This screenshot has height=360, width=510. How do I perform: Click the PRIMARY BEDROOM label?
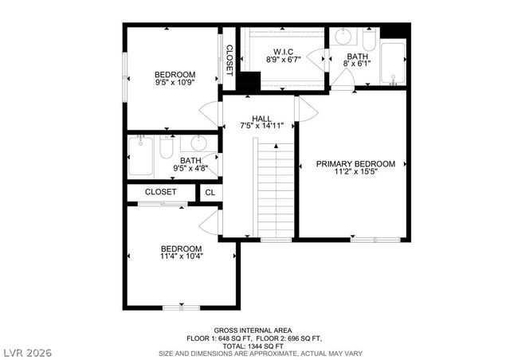coord(355,163)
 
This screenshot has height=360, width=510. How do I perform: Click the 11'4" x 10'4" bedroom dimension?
coord(182,256)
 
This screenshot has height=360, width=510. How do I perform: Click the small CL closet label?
coord(210,192)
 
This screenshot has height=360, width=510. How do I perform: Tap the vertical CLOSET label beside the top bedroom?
coord(229,60)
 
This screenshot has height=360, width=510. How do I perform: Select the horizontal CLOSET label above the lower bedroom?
coord(160,192)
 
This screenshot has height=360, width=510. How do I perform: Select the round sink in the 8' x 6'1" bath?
coord(343,37)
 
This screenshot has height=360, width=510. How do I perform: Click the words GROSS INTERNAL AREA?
coord(252,330)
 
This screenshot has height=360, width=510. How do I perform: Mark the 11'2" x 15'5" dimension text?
coord(355,171)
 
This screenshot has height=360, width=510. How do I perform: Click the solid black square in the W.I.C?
coord(250,82)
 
